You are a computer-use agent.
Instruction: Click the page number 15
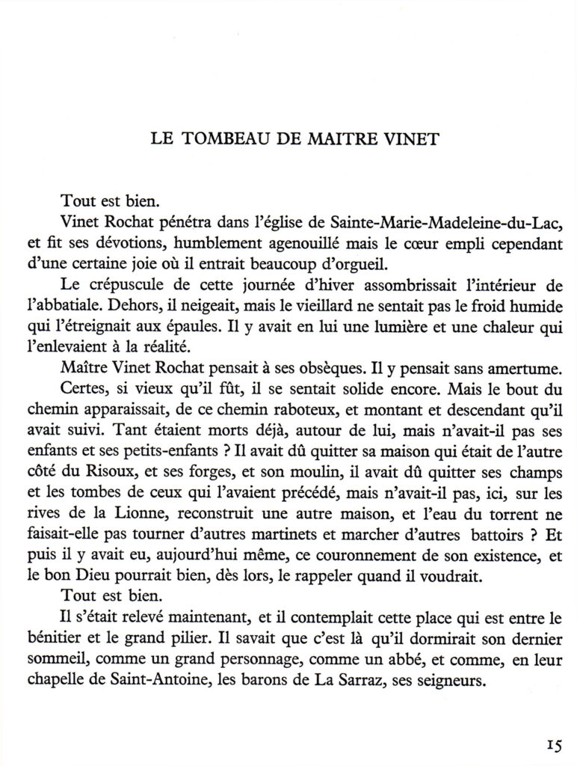point(553,744)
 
